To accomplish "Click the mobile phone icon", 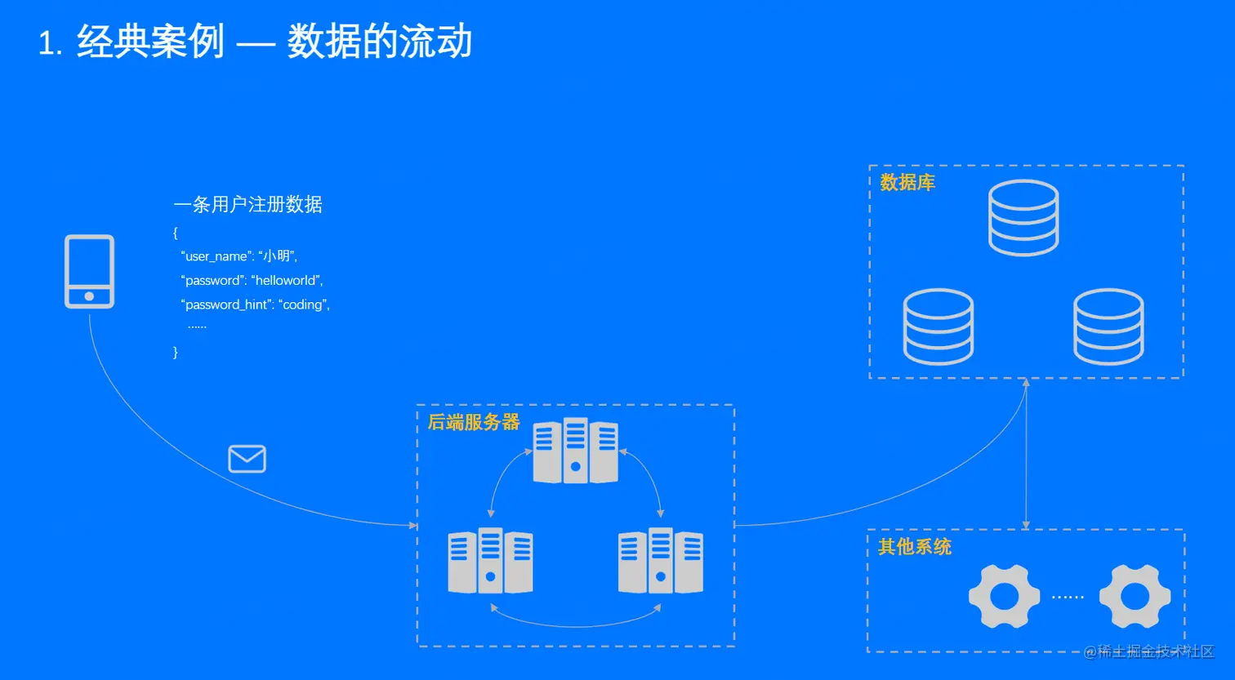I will (x=89, y=272).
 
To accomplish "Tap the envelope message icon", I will (x=247, y=459).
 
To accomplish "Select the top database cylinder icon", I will (x=1023, y=217).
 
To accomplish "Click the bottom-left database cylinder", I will (x=938, y=326).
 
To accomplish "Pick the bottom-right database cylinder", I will (x=1108, y=326).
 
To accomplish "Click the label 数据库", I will (x=907, y=183).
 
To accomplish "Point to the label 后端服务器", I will (x=474, y=422).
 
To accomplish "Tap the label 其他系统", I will (x=914, y=547).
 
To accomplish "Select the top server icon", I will (x=575, y=451).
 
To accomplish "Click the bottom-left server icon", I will (x=490, y=561).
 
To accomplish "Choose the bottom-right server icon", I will (x=660, y=561).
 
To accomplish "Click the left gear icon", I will (x=1004, y=596).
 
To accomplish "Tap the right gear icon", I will (x=1135, y=596).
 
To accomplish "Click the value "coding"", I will (x=302, y=304).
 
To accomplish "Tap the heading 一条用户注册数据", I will (x=248, y=204).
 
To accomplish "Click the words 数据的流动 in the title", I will (x=380, y=42).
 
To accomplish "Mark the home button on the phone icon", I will (x=89, y=296).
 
